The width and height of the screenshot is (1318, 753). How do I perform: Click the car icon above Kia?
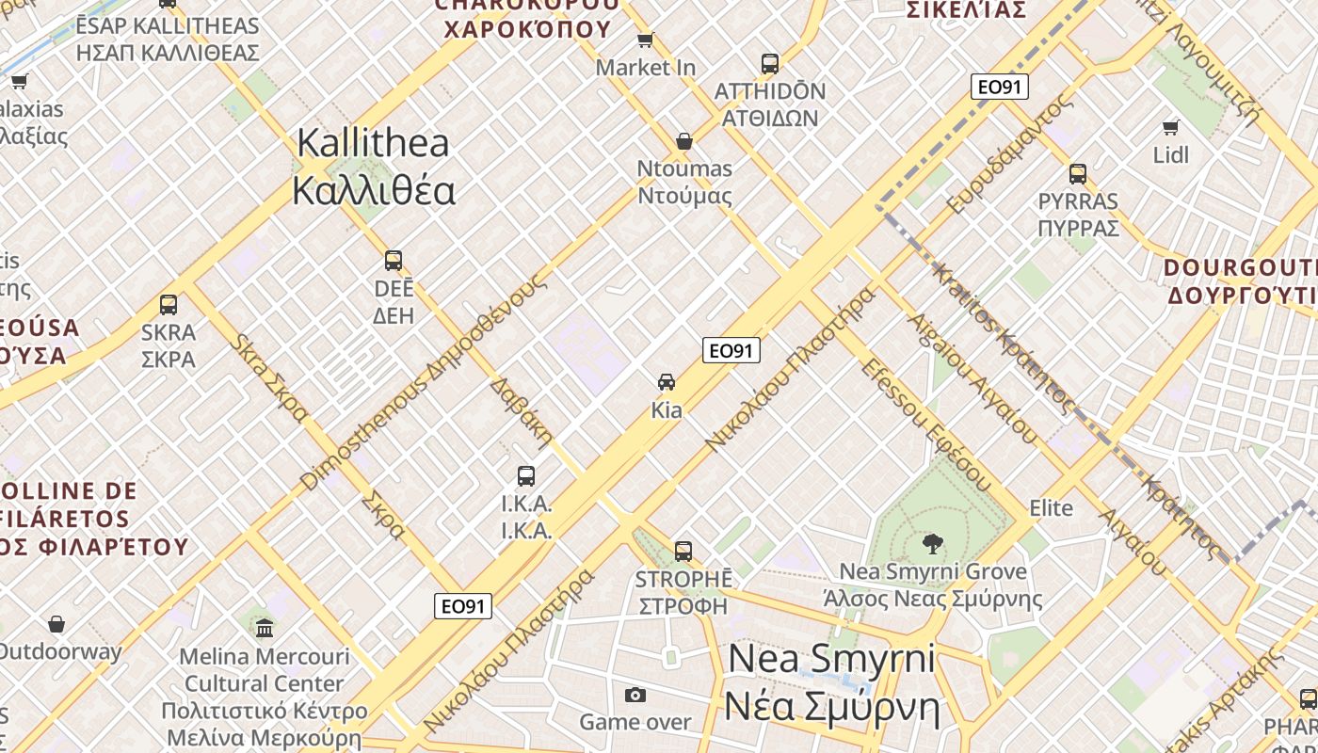[667, 382]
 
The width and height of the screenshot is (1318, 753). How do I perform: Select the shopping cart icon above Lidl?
[1171, 127]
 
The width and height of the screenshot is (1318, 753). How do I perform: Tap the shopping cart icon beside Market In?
[646, 40]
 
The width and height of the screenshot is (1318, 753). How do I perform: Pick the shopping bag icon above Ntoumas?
[684, 141]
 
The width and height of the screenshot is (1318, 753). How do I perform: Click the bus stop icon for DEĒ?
[394, 261]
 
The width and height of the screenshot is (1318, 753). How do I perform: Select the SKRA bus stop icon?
[169, 305]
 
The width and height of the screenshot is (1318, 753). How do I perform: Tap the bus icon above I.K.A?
[526, 476]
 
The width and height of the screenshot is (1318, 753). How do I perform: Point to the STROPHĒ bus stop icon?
[683, 551]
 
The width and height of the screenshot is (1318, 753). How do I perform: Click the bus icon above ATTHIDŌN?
[770, 64]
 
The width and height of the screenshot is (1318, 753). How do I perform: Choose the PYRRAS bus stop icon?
[1078, 174]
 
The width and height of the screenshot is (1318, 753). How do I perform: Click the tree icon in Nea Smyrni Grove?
[932, 542]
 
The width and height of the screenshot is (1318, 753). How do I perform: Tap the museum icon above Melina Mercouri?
[265, 628]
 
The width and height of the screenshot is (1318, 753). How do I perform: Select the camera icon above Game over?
[635, 695]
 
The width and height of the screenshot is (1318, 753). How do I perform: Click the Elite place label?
[1051, 508]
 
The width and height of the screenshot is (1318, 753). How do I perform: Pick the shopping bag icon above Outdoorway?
[56, 624]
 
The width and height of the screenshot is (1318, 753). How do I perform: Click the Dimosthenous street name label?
[423, 382]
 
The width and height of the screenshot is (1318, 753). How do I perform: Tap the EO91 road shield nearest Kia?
[731, 351]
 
